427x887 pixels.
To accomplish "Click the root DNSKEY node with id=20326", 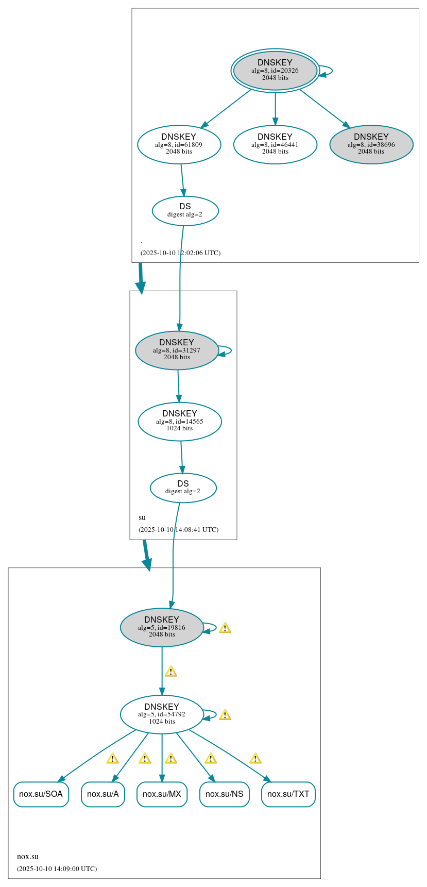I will click(x=275, y=71).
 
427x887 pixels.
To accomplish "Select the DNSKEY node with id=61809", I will click(x=179, y=144).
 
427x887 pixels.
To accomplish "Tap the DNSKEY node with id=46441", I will click(x=275, y=144).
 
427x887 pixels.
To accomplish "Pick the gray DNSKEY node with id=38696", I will click(x=371, y=144).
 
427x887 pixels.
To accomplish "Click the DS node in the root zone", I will click(x=185, y=210).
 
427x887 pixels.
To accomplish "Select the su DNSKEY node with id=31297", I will click(x=177, y=350).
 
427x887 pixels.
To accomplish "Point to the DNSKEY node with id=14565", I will click(x=180, y=421).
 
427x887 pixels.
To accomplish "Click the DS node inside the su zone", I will click(x=183, y=487).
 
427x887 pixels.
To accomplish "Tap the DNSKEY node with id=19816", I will click(x=162, y=627).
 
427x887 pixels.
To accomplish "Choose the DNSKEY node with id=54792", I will click(x=162, y=714).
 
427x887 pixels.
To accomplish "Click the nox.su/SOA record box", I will click(x=41, y=794).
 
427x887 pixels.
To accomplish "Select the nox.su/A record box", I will click(x=103, y=794).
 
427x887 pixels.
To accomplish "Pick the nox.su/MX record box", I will click(x=162, y=794).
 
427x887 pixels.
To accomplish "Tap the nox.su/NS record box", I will click(x=224, y=794).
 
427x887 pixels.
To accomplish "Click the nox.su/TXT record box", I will click(x=288, y=794).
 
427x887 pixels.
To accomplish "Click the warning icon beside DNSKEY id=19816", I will click(x=225, y=628).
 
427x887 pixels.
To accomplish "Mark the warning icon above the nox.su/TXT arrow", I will click(x=255, y=758).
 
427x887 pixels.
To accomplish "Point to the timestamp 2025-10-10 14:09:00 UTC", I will click(x=57, y=868).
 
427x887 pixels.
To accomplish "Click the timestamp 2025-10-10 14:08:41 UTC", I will click(x=178, y=529).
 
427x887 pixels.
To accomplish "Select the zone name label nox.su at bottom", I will click(x=28, y=857).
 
